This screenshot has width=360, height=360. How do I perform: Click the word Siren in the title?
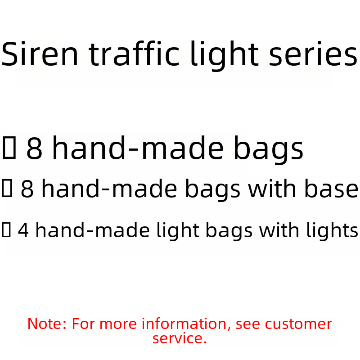[x=40, y=54]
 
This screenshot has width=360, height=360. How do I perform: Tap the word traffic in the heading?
[x=134, y=54]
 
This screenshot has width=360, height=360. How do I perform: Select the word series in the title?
[x=313, y=54]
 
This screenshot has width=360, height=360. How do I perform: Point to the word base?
[x=331, y=189]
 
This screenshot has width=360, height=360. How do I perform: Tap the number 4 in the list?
[x=23, y=230]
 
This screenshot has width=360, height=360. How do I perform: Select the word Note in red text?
[x=45, y=324]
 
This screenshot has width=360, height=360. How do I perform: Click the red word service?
[x=180, y=338]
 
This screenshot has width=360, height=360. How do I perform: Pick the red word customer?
[x=298, y=324]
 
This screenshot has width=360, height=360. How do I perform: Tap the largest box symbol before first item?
[x=9, y=148]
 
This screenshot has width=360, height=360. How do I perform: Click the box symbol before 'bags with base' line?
[x=7, y=188]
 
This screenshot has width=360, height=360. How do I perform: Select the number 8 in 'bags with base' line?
[x=27, y=189]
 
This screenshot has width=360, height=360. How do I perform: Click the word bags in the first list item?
[x=268, y=150]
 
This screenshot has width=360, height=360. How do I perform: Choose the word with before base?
[x=272, y=188]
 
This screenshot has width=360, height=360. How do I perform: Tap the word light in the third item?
[x=177, y=231]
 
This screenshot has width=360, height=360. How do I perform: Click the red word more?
[x=118, y=324]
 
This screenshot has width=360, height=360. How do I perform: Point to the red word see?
[x=247, y=324]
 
